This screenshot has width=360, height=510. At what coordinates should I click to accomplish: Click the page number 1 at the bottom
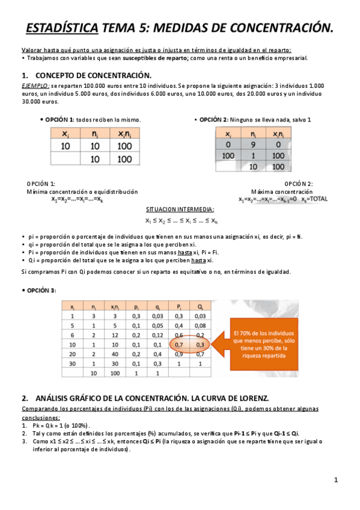click(337, 480)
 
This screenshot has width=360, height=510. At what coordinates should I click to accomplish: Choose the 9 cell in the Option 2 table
click(253, 145)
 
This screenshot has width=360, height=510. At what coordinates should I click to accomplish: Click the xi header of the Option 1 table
click(66, 134)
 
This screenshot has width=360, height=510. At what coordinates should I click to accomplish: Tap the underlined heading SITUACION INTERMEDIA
click(180, 209)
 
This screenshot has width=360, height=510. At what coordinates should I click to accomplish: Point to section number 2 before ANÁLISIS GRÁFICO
click(25, 398)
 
